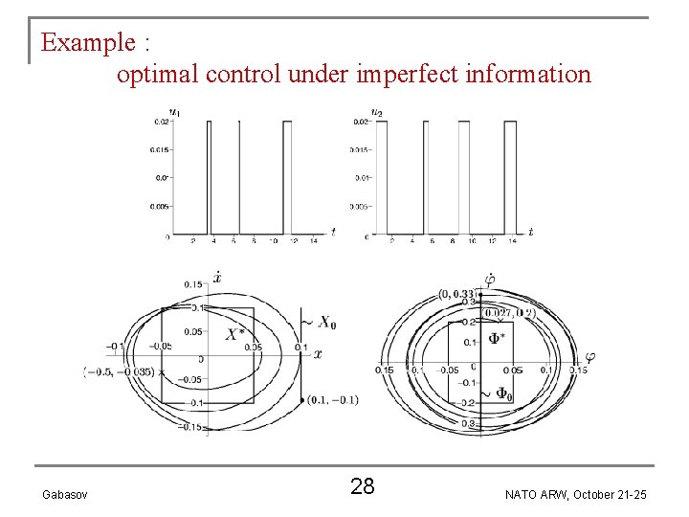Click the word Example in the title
(x=88, y=43)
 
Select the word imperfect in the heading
(x=399, y=73)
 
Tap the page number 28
(x=362, y=486)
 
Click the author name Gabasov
(x=66, y=493)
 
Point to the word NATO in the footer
(x=522, y=493)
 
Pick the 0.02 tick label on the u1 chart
(x=160, y=121)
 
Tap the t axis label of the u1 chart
(x=332, y=230)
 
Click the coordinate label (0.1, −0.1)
(x=333, y=399)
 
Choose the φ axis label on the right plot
(x=590, y=357)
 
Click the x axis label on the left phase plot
(x=318, y=354)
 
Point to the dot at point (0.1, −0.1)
(x=302, y=399)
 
